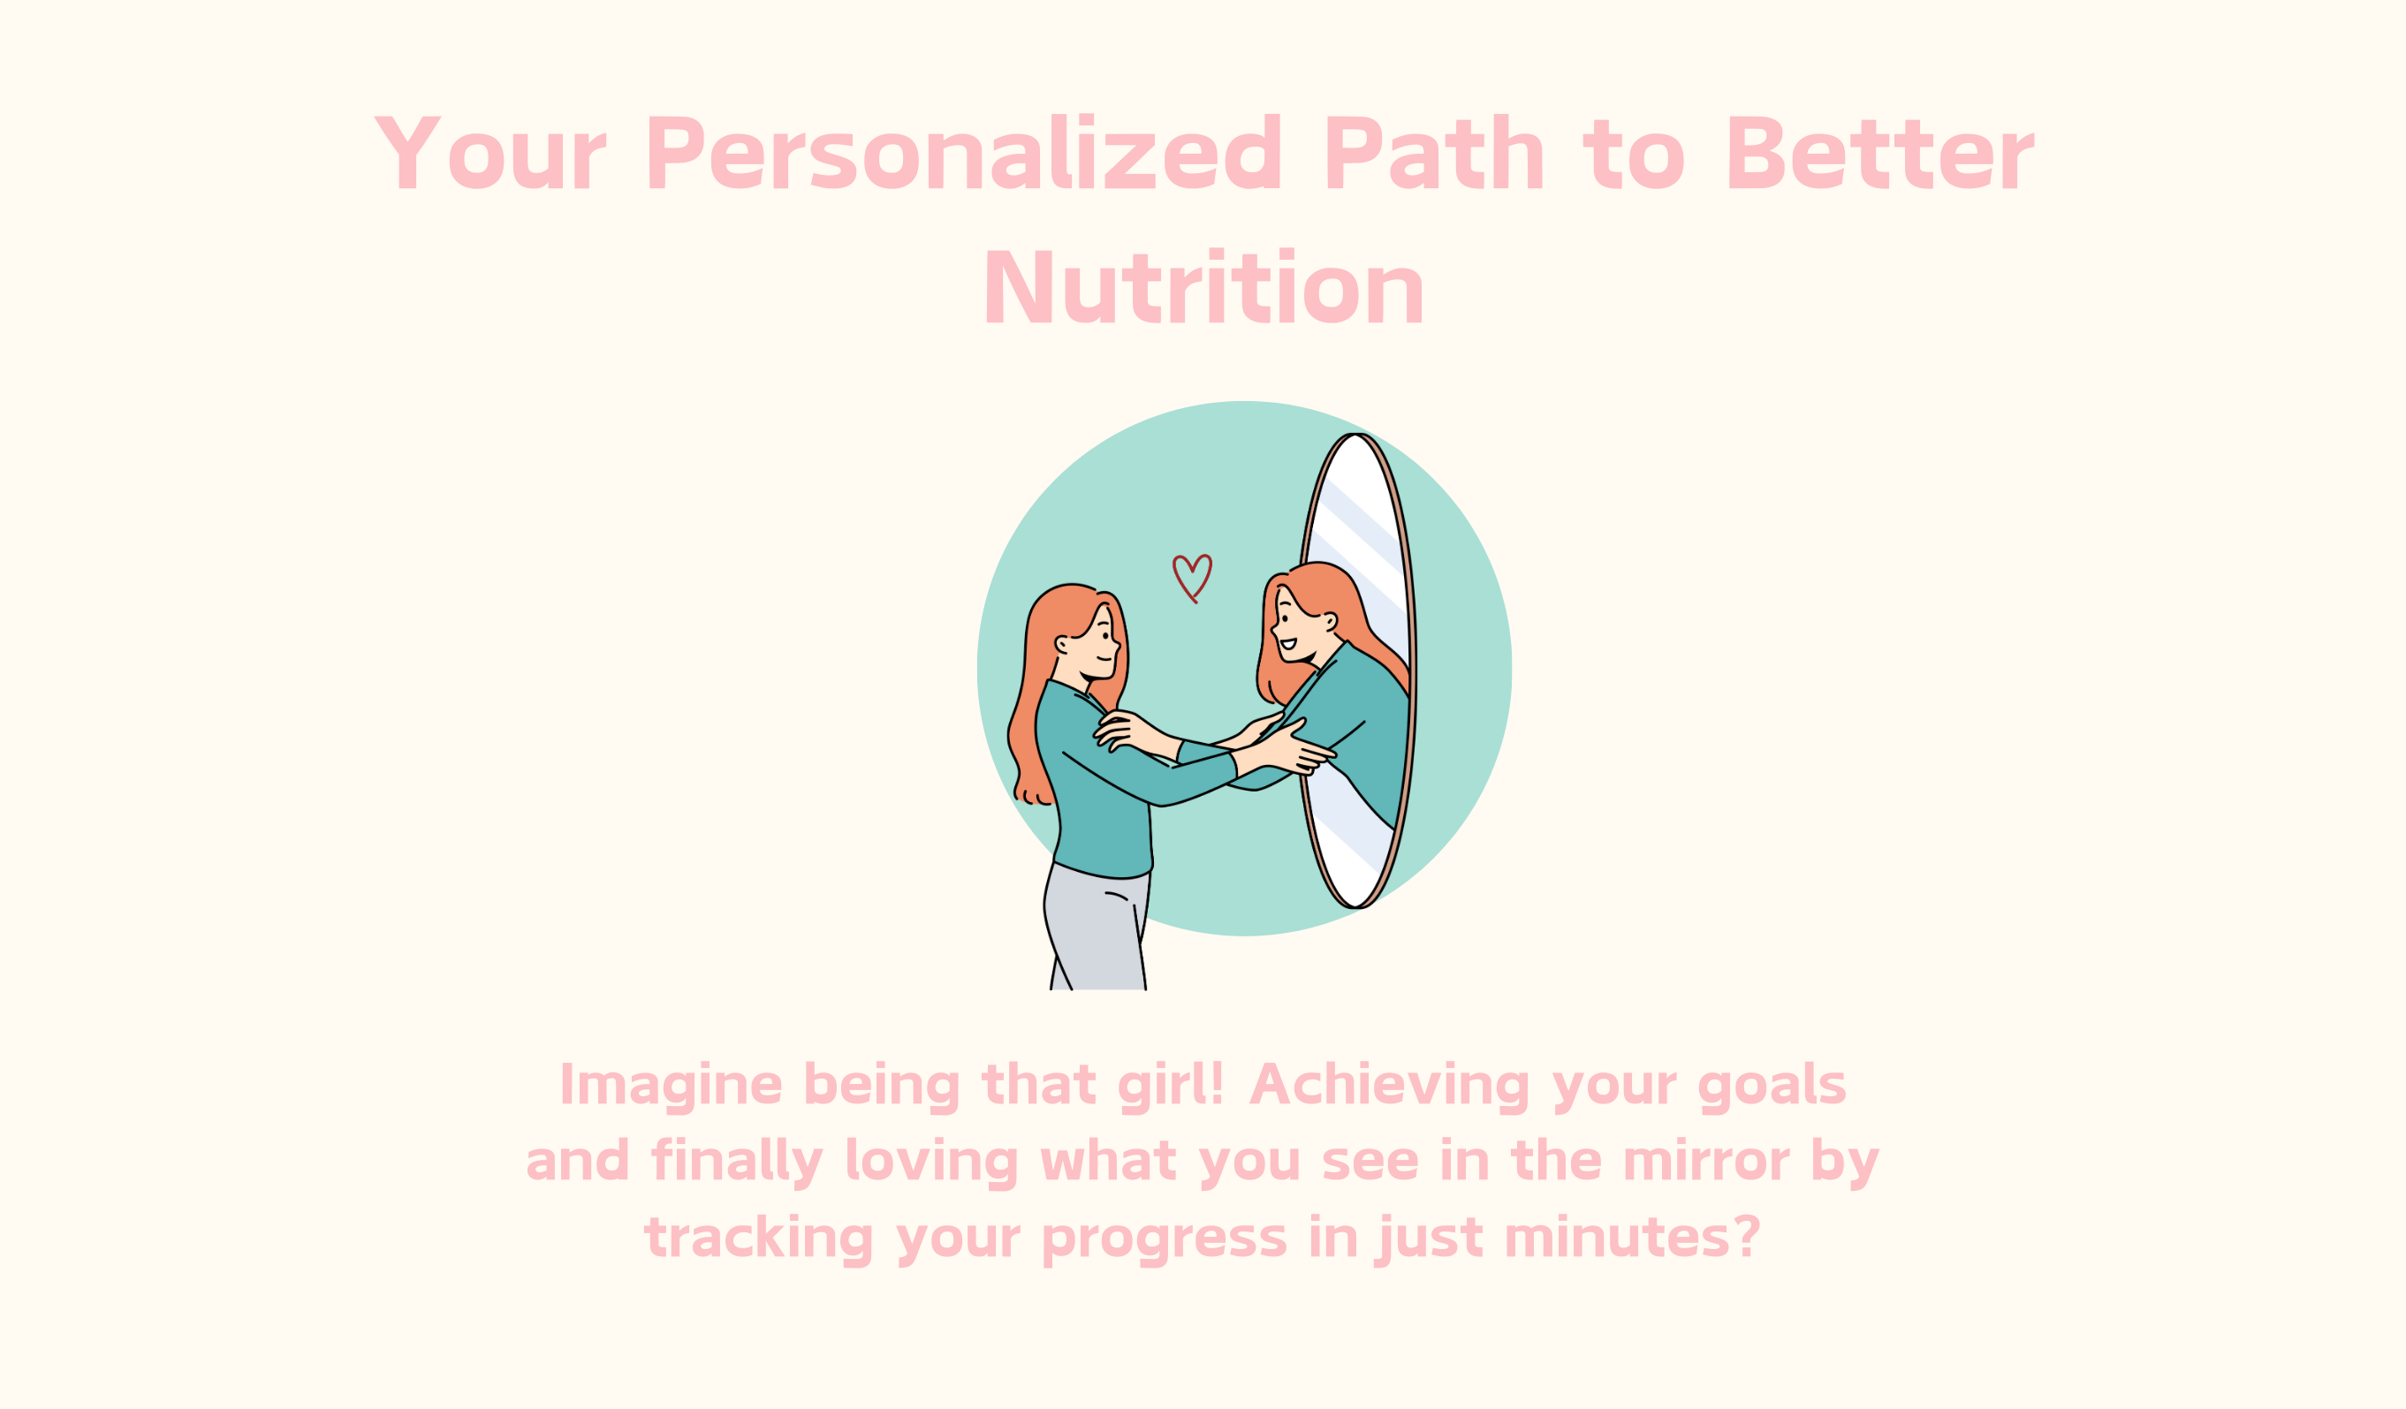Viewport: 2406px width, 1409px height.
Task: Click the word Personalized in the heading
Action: pos(963,152)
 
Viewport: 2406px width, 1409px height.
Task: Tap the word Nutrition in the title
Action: pos(1204,285)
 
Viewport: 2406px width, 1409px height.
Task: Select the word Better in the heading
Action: pos(1881,153)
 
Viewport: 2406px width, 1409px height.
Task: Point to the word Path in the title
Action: pos(1434,152)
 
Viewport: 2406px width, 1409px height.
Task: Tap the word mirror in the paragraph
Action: pos(1705,1162)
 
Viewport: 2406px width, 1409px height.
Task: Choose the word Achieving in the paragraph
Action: pos(1389,1086)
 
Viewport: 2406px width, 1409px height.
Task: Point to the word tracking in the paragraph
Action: pos(759,1239)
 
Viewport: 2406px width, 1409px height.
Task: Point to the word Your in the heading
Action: pos(490,153)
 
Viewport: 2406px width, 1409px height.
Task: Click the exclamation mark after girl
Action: pos(1216,1082)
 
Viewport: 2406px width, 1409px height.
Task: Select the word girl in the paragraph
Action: pos(1162,1086)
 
